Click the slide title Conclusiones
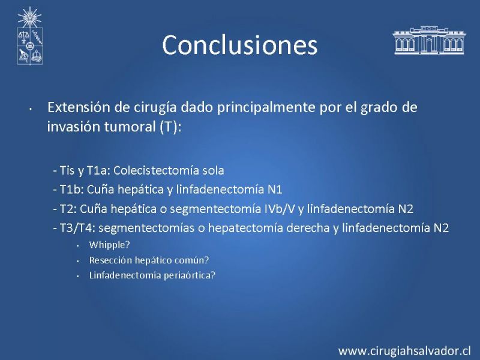click(239, 45)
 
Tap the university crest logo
click(29, 36)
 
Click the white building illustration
click(429, 40)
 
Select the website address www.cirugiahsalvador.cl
click(404, 351)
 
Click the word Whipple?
click(109, 245)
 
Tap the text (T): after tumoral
click(170, 127)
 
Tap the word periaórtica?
click(190, 275)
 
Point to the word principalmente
click(266, 108)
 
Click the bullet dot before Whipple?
click(78, 246)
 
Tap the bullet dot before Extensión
click(31, 109)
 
